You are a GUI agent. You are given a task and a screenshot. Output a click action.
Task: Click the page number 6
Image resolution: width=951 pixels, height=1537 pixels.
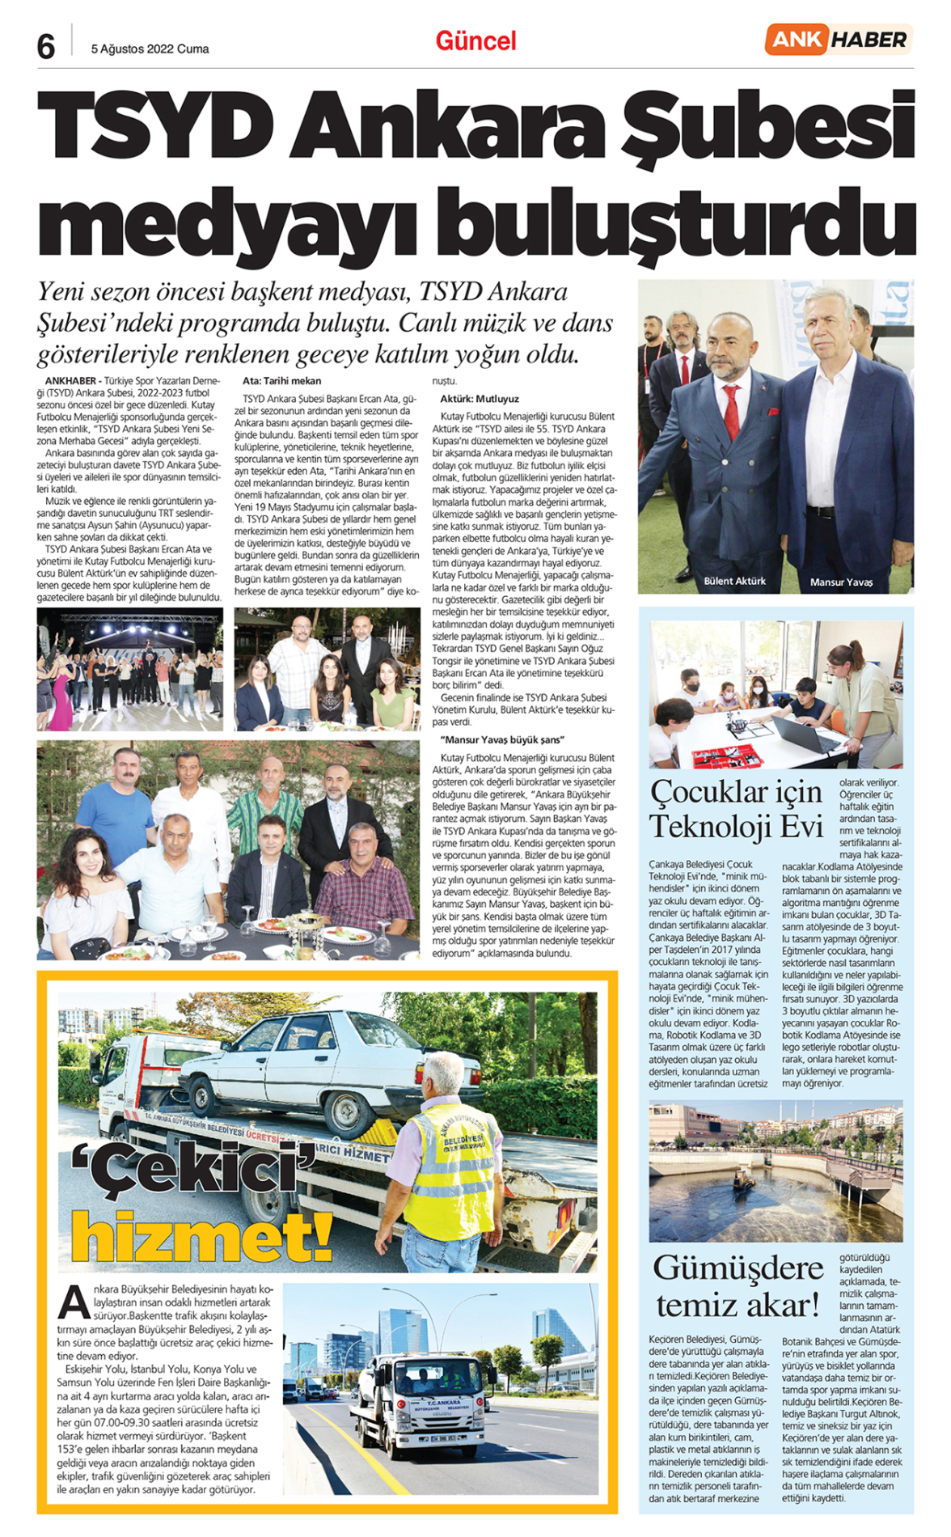pyautogui.click(x=46, y=47)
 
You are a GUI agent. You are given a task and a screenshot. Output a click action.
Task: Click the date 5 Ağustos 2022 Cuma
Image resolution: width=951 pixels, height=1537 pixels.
pyautogui.click(x=150, y=49)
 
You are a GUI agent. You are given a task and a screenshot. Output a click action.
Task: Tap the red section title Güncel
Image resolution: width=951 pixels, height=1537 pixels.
pyautogui.click(x=475, y=41)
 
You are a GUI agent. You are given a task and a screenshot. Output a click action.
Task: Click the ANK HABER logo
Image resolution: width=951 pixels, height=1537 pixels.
pyautogui.click(x=838, y=40)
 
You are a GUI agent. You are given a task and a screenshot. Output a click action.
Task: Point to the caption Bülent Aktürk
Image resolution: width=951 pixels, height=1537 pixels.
pyautogui.click(x=733, y=581)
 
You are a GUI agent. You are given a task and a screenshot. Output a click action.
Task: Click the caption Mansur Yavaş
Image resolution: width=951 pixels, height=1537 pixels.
pyautogui.click(x=841, y=582)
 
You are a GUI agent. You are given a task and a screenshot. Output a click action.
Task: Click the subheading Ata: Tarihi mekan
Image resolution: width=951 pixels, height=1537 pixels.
pyautogui.click(x=281, y=381)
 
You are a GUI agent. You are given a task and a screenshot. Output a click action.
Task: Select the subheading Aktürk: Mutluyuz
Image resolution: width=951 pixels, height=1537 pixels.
pyautogui.click(x=480, y=399)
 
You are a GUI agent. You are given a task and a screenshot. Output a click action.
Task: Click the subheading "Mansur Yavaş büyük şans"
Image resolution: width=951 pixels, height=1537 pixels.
pyautogui.click(x=502, y=739)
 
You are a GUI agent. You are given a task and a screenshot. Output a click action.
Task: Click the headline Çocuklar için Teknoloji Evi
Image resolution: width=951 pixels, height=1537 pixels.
pyautogui.click(x=735, y=809)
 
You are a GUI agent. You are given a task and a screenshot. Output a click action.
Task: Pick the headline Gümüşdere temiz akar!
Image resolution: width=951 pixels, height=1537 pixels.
pyautogui.click(x=738, y=1285)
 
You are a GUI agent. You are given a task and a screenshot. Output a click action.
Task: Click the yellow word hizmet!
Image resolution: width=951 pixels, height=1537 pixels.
pyautogui.click(x=202, y=1237)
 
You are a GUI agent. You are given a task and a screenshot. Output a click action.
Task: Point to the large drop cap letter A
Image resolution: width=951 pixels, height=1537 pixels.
pyautogui.click(x=74, y=1302)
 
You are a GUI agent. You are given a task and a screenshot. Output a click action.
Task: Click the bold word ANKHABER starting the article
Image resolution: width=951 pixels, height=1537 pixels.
pyautogui.click(x=70, y=381)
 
